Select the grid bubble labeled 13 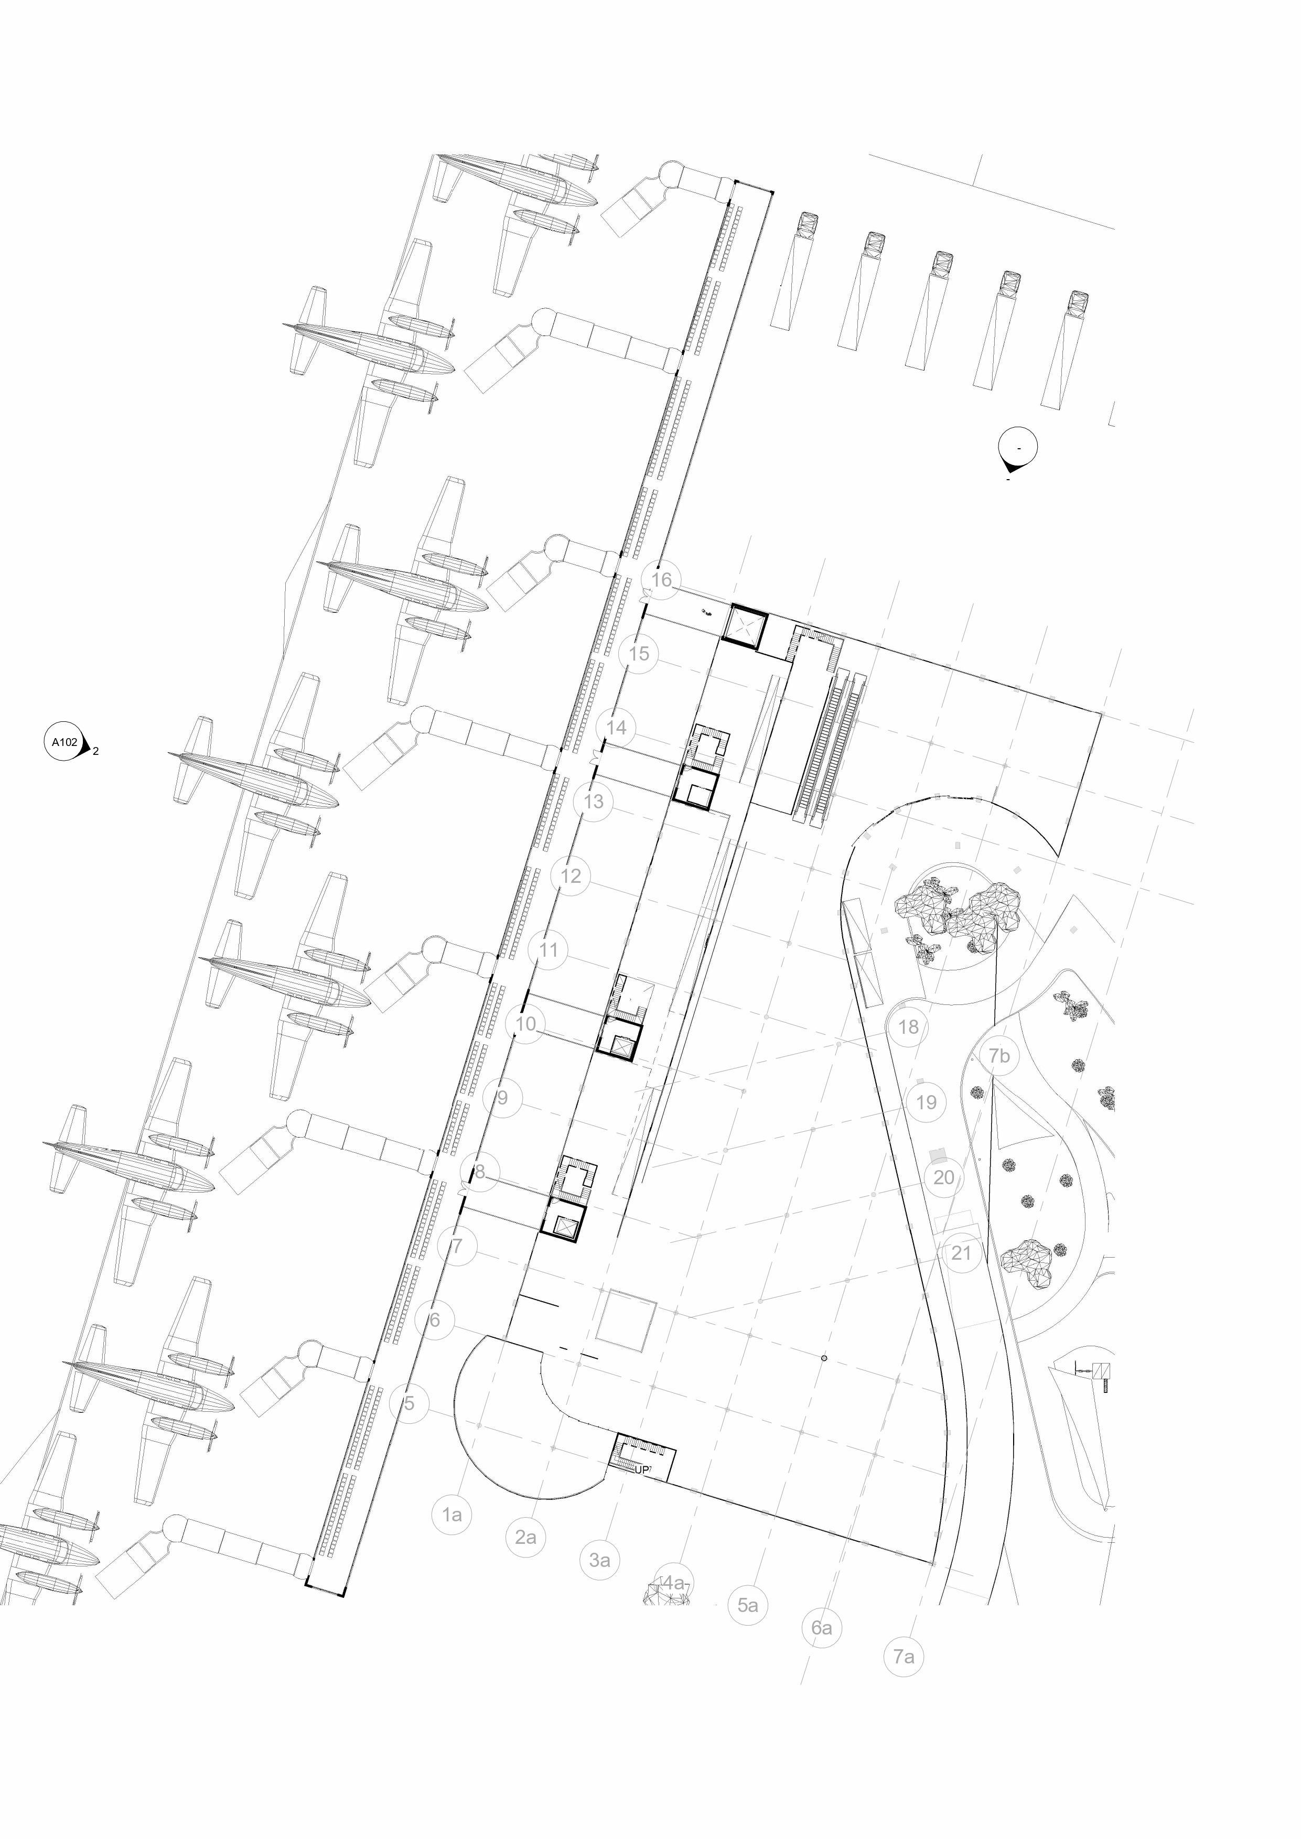coord(594,801)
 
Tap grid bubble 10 coord(525,1024)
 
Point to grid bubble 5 coord(410,1403)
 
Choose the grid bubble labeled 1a coord(453,1514)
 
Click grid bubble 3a coord(599,1560)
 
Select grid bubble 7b coord(999,1056)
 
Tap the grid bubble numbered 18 coord(908,1027)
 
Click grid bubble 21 coord(961,1253)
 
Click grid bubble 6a coord(822,1628)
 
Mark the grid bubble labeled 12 coord(571,875)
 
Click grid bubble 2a coord(525,1537)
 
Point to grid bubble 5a coord(747,1605)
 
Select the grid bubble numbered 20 coord(944,1177)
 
